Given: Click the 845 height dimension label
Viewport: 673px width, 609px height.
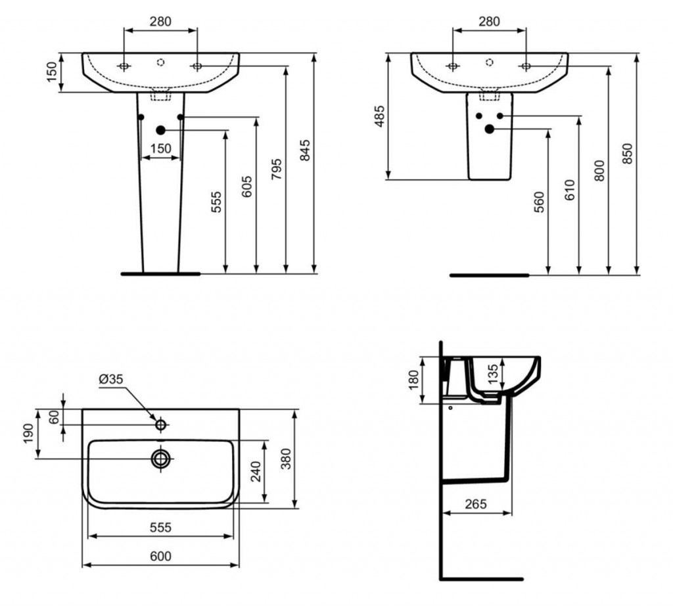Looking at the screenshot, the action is pos(304,150).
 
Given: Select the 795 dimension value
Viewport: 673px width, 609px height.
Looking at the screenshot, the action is pos(277,169).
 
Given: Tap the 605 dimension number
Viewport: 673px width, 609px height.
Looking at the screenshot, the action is pos(247,187).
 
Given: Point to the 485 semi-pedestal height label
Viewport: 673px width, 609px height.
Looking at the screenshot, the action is pos(379,116).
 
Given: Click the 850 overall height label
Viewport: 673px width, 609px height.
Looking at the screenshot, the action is pos(627,154).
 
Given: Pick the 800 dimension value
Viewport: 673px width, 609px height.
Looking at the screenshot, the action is pos(599,170).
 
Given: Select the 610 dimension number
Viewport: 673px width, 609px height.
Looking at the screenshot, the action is pos(570,190).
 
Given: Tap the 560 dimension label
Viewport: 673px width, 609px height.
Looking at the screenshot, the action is pos(539,202).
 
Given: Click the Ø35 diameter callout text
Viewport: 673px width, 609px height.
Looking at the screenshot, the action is pos(110,379).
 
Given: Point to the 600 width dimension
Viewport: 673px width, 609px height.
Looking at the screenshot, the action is pos(160,556).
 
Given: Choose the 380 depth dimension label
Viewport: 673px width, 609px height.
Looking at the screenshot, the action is pos(286,459).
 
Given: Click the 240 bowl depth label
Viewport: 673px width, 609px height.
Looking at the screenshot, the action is pos(256,471).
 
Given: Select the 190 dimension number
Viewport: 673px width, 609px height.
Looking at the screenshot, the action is pos(28,434).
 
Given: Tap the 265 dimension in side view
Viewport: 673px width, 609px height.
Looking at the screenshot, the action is pos(476,504).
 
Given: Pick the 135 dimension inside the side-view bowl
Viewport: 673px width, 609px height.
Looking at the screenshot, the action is pos(493,373).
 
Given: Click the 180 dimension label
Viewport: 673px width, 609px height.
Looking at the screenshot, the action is pos(413,380).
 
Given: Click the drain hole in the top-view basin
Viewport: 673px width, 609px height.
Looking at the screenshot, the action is pos(160,459).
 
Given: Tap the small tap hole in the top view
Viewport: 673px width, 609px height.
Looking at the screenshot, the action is pos(160,425).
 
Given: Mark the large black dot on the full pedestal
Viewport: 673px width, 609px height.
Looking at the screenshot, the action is pos(160,130).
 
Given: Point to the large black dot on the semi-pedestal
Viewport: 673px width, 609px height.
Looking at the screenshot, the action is pos(489,128).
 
